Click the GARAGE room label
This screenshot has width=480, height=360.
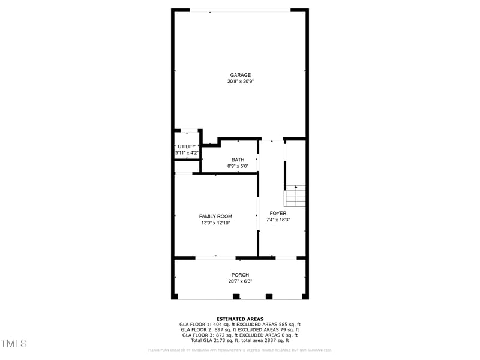click(x=240, y=75)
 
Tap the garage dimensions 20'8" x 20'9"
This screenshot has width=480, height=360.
click(x=240, y=82)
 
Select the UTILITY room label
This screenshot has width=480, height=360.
click(x=187, y=146)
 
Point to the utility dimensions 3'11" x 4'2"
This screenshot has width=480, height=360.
click(x=187, y=153)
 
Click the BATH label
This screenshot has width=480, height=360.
click(x=238, y=160)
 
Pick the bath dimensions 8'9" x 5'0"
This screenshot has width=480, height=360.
click(x=238, y=166)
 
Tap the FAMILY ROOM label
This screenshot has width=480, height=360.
click(x=215, y=216)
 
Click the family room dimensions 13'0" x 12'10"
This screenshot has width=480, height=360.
click(x=215, y=223)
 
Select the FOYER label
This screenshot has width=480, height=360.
click(x=278, y=213)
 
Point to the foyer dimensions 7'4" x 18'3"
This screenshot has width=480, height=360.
click(x=278, y=220)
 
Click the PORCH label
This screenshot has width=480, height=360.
click(x=240, y=275)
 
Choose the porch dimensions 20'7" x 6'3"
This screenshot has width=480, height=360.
click(x=240, y=281)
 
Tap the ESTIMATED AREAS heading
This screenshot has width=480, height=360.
click(x=240, y=319)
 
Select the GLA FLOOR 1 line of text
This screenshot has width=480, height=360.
click(x=240, y=325)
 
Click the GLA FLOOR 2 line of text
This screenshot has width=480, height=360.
click(x=240, y=330)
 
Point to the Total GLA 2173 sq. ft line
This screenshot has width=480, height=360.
click(x=240, y=340)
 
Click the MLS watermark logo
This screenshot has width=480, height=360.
click(x=13, y=344)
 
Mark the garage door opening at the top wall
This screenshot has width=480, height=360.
click(x=240, y=10)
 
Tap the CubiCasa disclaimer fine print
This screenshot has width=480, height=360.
click(x=240, y=350)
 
